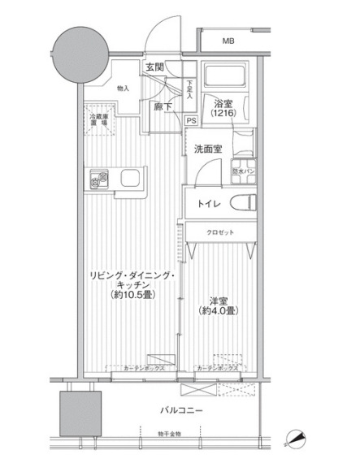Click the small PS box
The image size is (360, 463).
pyautogui.click(x=191, y=120)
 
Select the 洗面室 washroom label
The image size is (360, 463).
pyautogui.click(x=210, y=148)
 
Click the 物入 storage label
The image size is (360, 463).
pyautogui.click(x=124, y=88)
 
